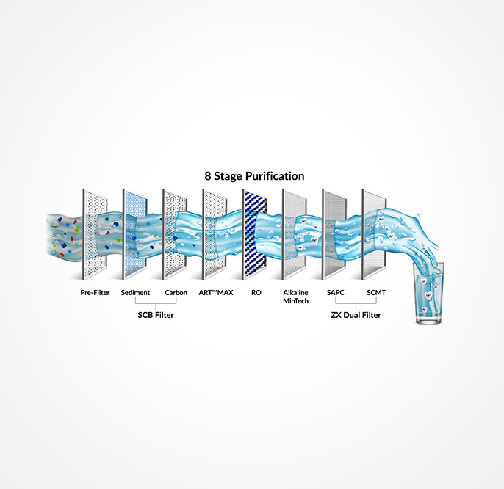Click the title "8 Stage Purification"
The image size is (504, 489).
(x=254, y=176)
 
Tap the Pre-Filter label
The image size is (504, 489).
(x=96, y=292)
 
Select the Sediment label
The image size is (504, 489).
(x=135, y=292)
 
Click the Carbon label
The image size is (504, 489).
(x=176, y=292)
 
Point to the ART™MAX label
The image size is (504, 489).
(x=215, y=292)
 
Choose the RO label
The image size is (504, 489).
(x=256, y=292)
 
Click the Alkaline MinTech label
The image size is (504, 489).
(x=295, y=297)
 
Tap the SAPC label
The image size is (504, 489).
(x=335, y=292)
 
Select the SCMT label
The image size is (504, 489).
(x=376, y=292)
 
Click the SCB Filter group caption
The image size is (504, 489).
(x=156, y=315)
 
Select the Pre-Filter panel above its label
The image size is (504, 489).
(x=95, y=235)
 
